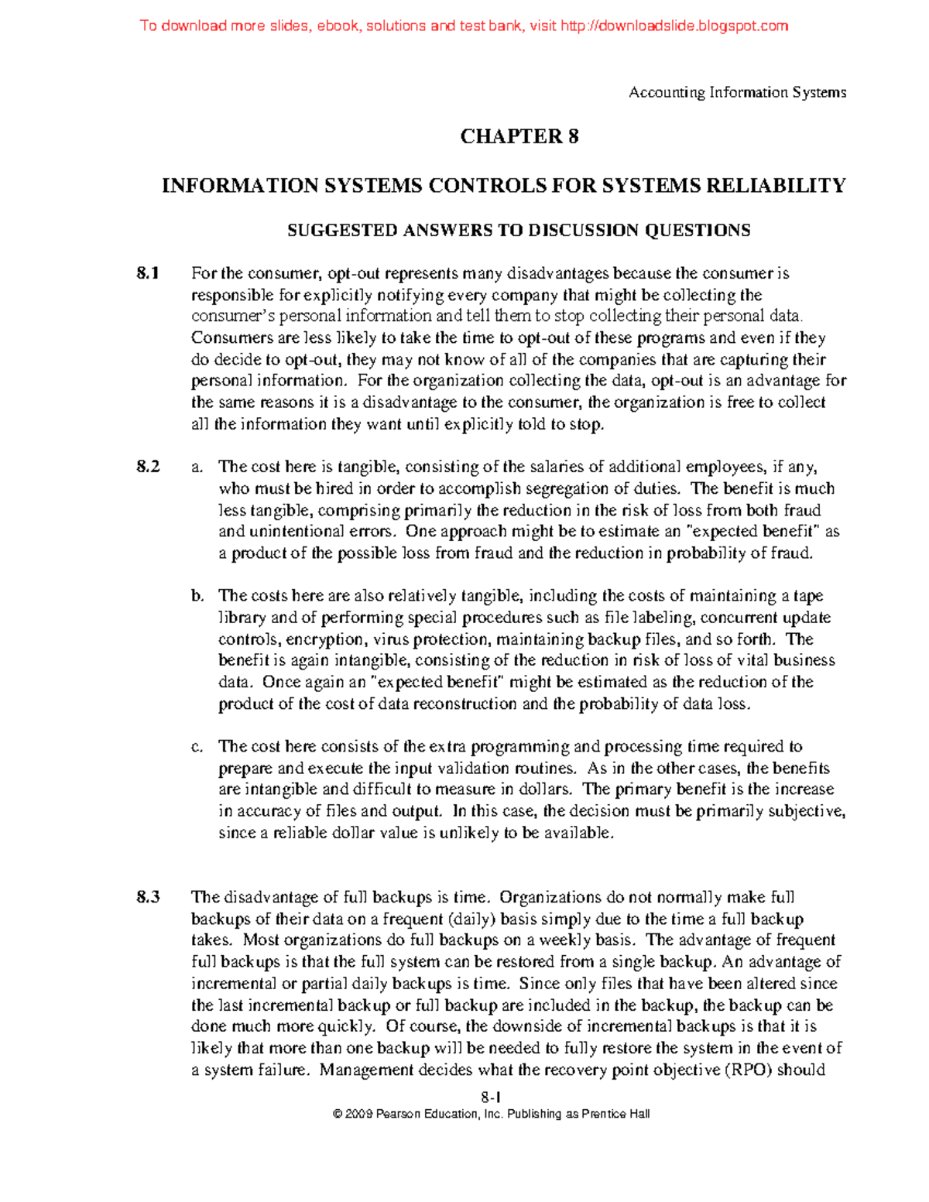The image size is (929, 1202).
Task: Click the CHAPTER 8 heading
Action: [x=519, y=137]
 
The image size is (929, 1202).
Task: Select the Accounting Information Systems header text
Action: [x=737, y=93]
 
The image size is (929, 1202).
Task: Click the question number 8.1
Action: [x=148, y=273]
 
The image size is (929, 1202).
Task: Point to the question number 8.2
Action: [x=148, y=467]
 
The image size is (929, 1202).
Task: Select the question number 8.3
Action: [x=148, y=898]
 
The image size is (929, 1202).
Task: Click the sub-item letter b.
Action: [x=197, y=596]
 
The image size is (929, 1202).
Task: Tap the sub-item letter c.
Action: [x=197, y=747]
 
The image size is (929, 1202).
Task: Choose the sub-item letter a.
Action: [x=197, y=467]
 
